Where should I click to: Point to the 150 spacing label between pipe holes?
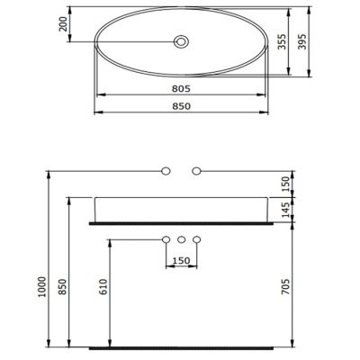[x=181, y=261]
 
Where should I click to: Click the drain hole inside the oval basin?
[x=182, y=41]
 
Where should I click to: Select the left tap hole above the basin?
[x=166, y=169]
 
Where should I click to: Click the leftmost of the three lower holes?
[x=166, y=239]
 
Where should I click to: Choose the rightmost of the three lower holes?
[x=196, y=239]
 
